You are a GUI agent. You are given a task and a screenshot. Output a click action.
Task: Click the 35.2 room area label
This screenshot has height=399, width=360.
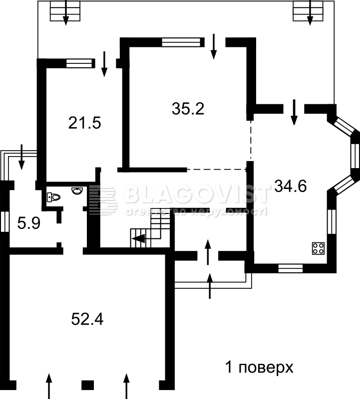(x=188, y=109)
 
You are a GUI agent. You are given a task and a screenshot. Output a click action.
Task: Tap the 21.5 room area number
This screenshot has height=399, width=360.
(x=84, y=123)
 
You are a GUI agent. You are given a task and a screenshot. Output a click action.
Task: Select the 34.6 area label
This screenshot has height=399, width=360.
(x=291, y=186)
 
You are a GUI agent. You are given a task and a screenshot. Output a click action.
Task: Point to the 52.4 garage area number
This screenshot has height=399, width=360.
(x=87, y=319)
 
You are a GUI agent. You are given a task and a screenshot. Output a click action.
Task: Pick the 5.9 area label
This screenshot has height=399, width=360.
(x=29, y=223)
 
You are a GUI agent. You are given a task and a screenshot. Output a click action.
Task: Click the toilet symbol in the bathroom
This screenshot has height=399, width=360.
(x=53, y=197)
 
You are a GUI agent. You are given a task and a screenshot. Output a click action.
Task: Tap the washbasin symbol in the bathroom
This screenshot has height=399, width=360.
(x=77, y=191)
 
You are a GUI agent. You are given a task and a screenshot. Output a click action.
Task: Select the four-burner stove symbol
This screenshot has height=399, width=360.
(x=318, y=248)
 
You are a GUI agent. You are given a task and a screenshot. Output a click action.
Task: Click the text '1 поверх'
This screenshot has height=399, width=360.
(x=259, y=368)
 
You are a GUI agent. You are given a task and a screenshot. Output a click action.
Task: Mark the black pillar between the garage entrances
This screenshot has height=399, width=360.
(x=88, y=385)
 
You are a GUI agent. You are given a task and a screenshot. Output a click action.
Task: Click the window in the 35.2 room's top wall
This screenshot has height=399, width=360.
(x=181, y=42)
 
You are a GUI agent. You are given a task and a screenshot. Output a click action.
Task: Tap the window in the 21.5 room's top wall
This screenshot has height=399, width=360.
(x=79, y=63)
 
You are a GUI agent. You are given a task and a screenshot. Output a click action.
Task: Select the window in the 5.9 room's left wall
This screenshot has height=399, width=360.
(x=4, y=221)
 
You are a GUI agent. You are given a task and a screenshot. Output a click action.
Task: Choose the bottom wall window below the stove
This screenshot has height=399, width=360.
(x=291, y=268)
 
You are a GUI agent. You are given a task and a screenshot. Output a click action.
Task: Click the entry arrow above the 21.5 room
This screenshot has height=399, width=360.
(x=104, y=64)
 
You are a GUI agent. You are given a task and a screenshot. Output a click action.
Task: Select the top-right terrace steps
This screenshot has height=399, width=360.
(x=308, y=11)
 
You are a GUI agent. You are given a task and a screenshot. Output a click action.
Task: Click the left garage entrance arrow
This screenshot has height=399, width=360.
(x=48, y=386)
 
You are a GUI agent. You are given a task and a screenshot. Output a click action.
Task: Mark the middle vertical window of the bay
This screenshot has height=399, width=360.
(x=355, y=156)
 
